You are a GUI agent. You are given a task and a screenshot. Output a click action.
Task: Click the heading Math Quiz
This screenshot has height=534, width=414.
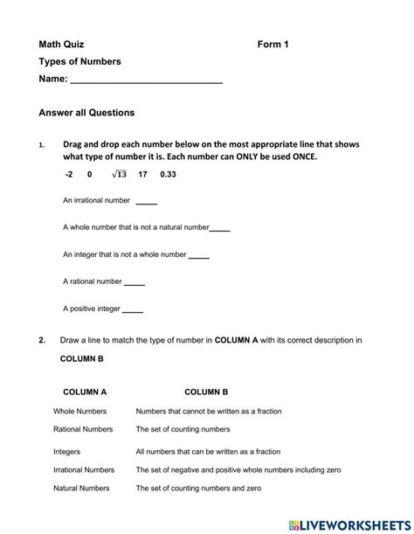coord(61,44)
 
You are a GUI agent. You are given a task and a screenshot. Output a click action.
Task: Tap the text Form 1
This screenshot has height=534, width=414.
coord(273,44)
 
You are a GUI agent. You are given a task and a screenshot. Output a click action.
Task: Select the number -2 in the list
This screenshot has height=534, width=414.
coord(69,175)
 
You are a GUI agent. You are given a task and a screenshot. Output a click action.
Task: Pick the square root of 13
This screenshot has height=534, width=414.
coord(119,175)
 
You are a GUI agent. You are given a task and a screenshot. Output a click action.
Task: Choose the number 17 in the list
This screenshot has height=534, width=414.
coord(143,175)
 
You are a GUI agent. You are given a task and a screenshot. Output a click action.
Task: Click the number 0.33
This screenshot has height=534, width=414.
coord(169,175)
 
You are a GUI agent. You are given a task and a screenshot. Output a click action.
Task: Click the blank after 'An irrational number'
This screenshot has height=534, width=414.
coord(146,202)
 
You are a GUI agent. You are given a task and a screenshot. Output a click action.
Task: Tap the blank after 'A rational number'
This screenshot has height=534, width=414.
coord(135,282)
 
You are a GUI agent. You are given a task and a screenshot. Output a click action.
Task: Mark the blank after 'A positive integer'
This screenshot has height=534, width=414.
coord(133,309)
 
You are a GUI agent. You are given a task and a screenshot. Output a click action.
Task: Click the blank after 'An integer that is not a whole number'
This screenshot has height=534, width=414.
coord(199,256)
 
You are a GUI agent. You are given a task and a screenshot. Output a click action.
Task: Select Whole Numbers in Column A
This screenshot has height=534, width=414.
coord(79,411)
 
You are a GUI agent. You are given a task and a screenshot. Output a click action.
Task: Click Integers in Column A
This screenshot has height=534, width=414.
coord(66,452)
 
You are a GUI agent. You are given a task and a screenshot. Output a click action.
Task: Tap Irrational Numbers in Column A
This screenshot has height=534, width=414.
coord(84,470)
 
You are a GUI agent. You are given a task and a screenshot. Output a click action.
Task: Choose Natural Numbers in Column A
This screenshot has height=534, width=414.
coord(82,489)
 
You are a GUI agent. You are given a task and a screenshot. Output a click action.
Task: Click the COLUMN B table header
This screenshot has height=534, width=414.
coord(206,392)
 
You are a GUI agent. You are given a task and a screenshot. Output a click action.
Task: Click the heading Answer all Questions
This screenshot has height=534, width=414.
coord(86,113)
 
